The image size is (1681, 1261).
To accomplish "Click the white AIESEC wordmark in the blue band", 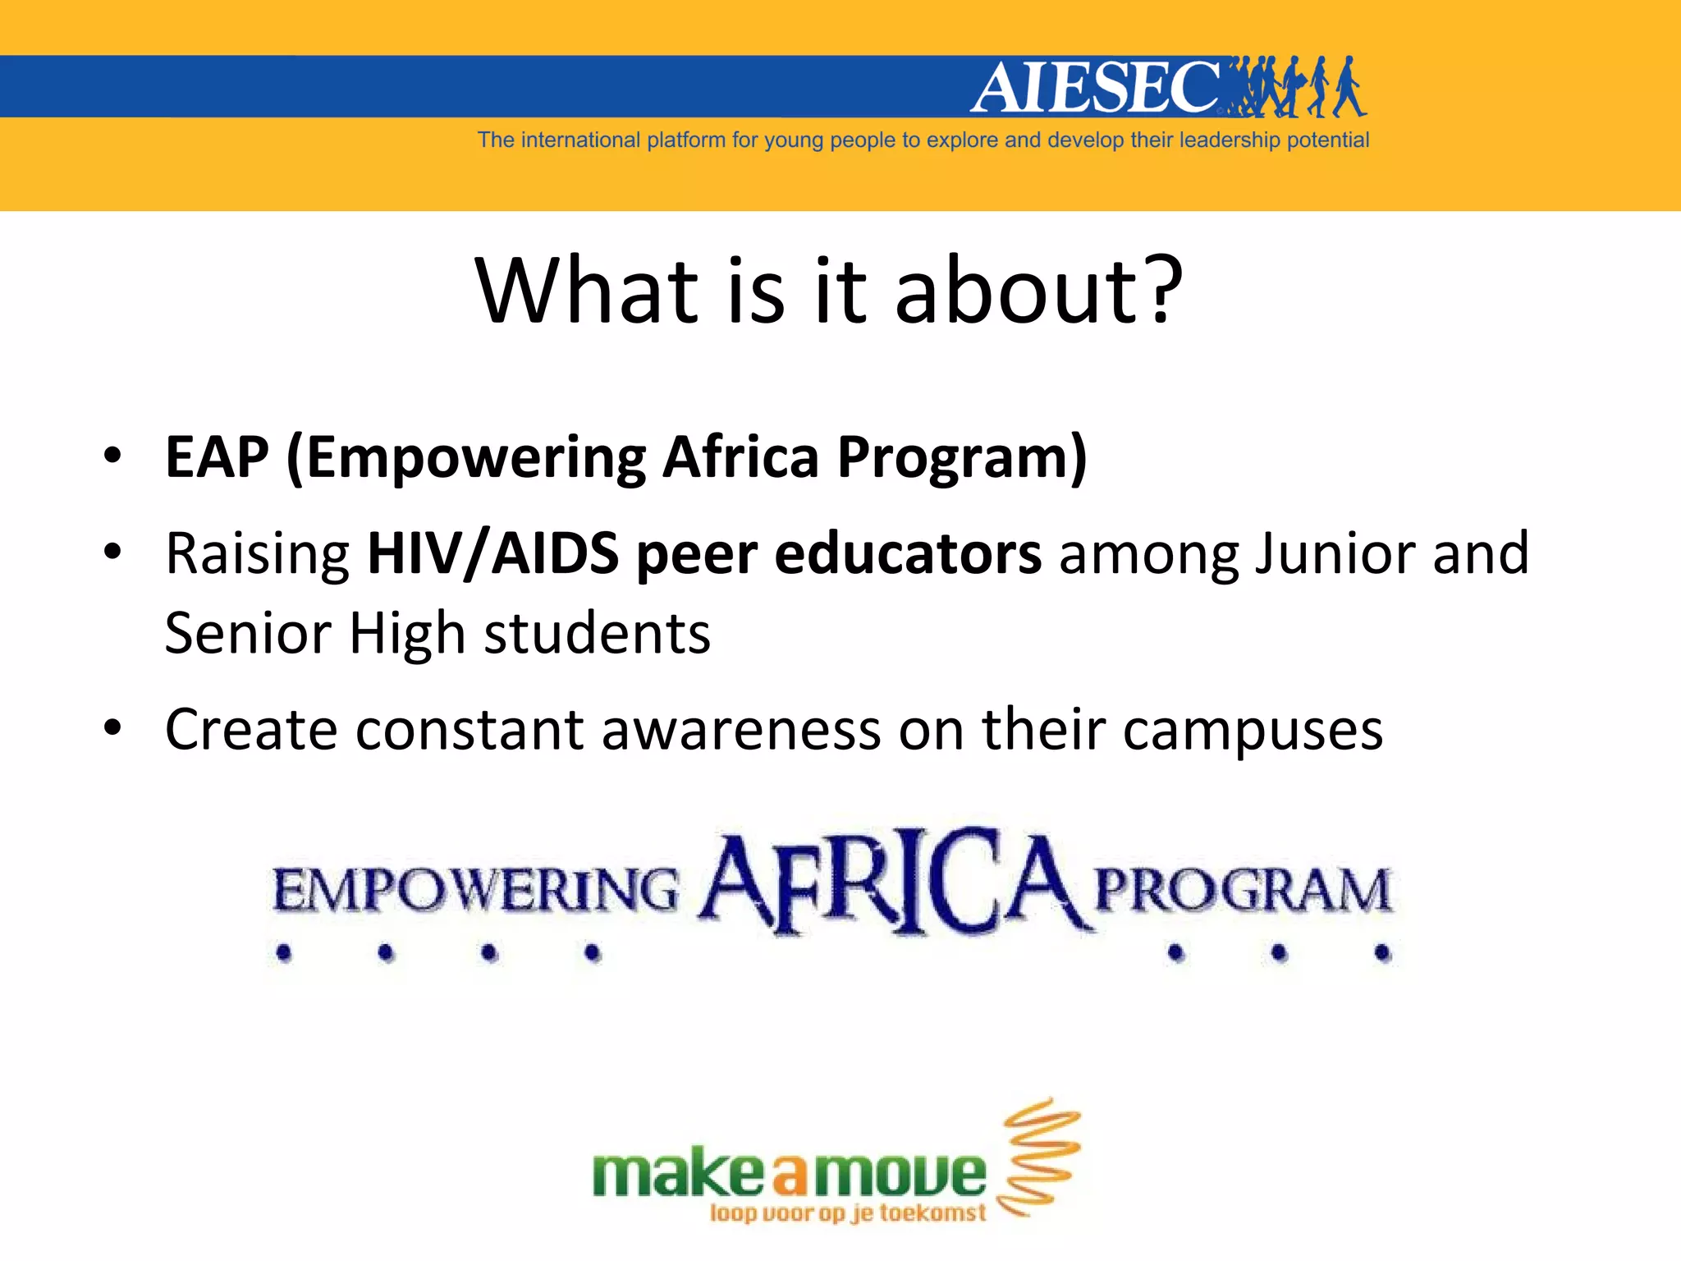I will pyautogui.click(x=1097, y=87).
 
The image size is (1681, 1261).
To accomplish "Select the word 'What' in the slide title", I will pyautogui.click(x=587, y=291).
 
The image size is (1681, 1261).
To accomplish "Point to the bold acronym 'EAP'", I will pyautogui.click(x=217, y=457).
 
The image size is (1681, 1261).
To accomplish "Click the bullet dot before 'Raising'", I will pyautogui.click(x=112, y=552).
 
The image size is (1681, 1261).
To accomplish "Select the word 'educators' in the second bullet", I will pyautogui.click(x=908, y=553).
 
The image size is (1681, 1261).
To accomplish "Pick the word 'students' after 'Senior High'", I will pyautogui.click(x=597, y=634).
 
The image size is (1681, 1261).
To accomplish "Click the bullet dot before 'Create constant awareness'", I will pyautogui.click(x=112, y=727).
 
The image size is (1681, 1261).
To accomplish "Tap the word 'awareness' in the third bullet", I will pyautogui.click(x=741, y=729).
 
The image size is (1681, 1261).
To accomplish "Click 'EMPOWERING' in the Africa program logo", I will pyautogui.click(x=476, y=892).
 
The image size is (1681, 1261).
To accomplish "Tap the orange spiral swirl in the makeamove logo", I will pyautogui.click(x=1039, y=1156).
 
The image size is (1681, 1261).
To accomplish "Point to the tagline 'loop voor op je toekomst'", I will pyautogui.click(x=847, y=1213).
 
